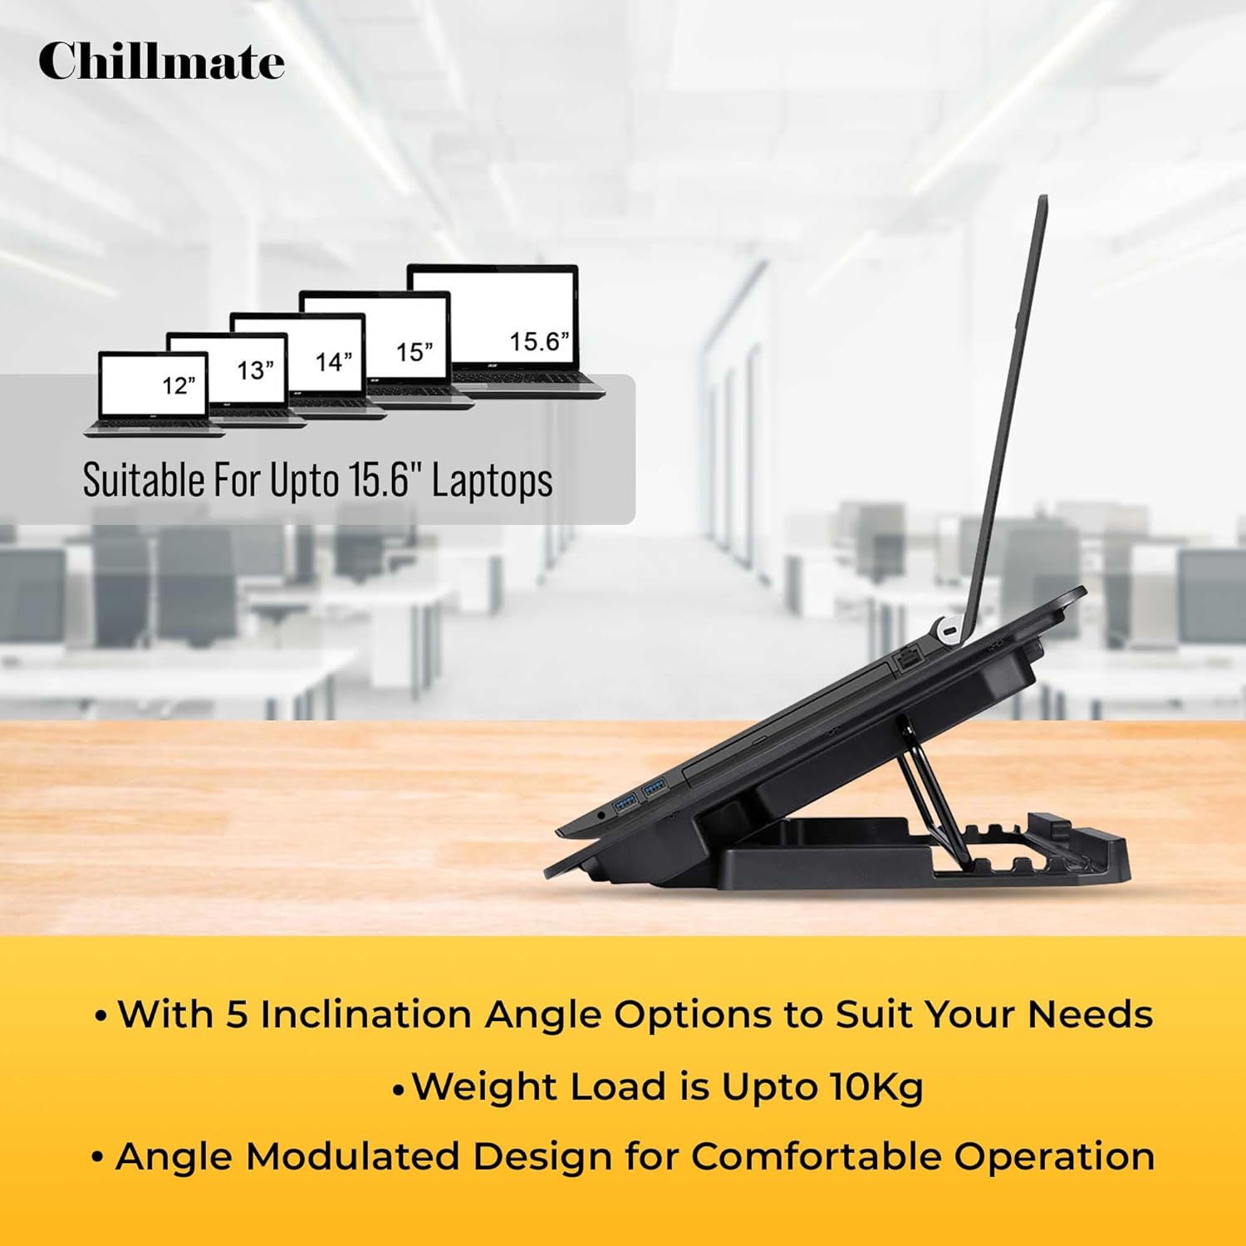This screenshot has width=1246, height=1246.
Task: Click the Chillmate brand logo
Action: click(x=161, y=62)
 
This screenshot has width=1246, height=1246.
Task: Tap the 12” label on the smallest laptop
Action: click(x=179, y=385)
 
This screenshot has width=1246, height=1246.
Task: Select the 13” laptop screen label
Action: click(x=255, y=370)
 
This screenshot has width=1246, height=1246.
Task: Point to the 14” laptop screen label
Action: click(x=333, y=362)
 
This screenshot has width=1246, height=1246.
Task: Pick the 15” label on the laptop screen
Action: click(x=414, y=351)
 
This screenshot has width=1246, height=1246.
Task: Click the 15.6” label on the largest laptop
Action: click(x=539, y=341)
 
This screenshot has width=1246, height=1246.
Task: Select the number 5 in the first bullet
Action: click(x=238, y=1014)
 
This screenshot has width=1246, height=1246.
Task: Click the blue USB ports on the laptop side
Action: click(x=640, y=793)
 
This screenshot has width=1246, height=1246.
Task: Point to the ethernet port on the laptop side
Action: click(x=908, y=661)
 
